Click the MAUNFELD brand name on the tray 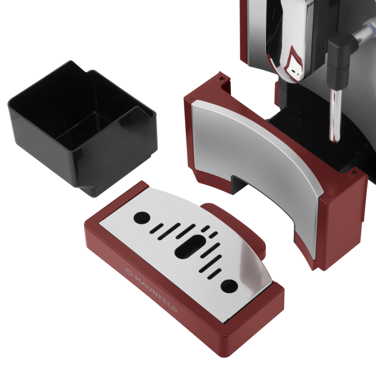click(x=156, y=294)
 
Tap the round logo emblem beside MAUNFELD click(x=129, y=271)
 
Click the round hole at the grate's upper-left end click(x=142, y=218)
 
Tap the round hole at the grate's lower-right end click(x=229, y=286)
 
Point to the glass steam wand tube click(x=335, y=115)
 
